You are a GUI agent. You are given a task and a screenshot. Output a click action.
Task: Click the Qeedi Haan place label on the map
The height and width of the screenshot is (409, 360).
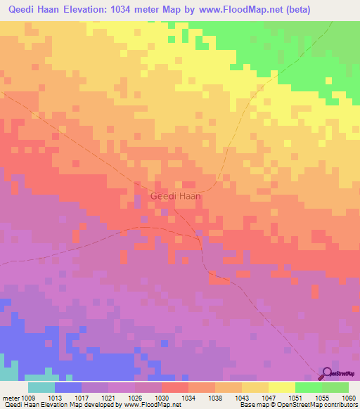coord(176,197)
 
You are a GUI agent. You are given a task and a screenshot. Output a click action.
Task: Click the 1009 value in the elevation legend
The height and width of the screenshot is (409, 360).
coord(27,397)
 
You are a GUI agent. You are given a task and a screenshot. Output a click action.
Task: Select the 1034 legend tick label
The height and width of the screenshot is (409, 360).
coord(188,397)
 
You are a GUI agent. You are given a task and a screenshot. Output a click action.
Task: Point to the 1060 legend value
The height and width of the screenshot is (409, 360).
coord(349,397)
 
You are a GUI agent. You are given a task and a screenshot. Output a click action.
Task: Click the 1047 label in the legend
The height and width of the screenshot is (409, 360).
coord(269,397)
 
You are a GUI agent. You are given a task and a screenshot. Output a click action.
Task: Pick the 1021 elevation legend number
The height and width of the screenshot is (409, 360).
coord(108,397)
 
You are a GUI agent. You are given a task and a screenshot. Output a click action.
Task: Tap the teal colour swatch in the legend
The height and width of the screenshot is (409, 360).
coord(41,387)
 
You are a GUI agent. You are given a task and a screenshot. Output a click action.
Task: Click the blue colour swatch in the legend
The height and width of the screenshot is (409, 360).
coord(67,387)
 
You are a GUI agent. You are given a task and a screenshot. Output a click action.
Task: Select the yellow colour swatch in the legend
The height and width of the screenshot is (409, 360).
coord(281,387)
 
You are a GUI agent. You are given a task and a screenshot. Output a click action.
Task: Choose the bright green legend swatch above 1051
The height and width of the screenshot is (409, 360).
coord(308,387)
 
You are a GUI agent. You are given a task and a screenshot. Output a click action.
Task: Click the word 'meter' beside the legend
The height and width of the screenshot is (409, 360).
coord(10,397)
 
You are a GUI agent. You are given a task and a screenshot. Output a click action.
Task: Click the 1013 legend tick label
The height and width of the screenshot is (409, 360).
coord(54,397)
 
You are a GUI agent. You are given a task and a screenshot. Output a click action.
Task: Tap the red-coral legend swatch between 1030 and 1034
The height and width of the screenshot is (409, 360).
coord(174,387)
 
